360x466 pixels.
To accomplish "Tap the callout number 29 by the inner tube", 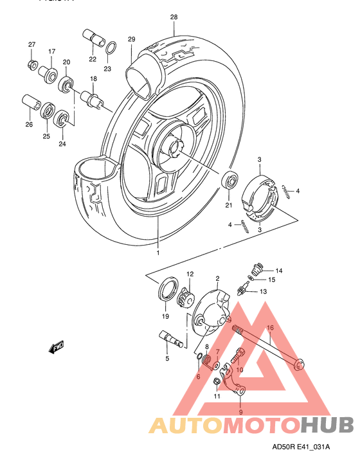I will coord(131,40).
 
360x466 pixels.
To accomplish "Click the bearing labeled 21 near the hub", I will coord(230,180).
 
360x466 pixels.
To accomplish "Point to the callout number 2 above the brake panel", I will coord(218,278).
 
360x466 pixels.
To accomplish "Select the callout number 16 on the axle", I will coord(271,328).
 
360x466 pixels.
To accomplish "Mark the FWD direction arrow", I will coord(56,348).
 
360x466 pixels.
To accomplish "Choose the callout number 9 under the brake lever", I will coord(240,412).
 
